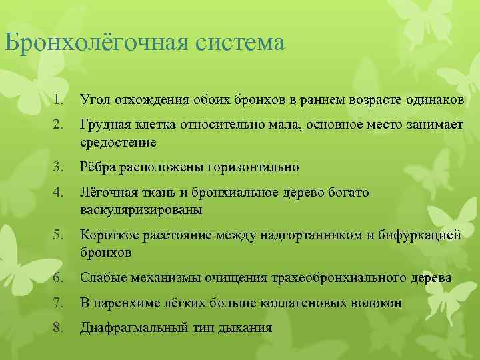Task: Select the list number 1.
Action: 59,100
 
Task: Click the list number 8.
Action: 59,327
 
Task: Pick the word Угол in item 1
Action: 94,100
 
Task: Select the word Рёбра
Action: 98,167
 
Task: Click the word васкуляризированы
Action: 141,209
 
